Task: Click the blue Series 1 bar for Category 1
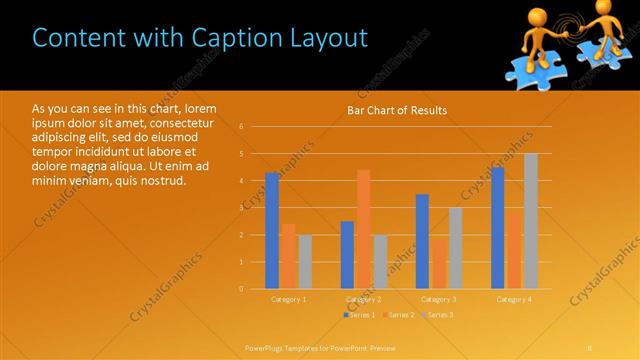tap(272, 230)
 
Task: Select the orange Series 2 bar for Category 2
tap(363, 229)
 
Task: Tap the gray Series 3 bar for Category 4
tap(531, 221)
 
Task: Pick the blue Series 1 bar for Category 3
tap(422, 241)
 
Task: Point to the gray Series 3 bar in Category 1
tap(305, 262)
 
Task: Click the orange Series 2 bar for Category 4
tap(514, 250)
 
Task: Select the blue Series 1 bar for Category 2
tap(347, 255)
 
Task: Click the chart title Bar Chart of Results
tap(397, 110)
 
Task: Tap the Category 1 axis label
tap(289, 299)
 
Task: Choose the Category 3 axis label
tap(439, 299)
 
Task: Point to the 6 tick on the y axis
tap(241, 127)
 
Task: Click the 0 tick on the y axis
tap(241, 289)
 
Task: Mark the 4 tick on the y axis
tap(241, 181)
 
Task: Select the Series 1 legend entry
tap(360, 315)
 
